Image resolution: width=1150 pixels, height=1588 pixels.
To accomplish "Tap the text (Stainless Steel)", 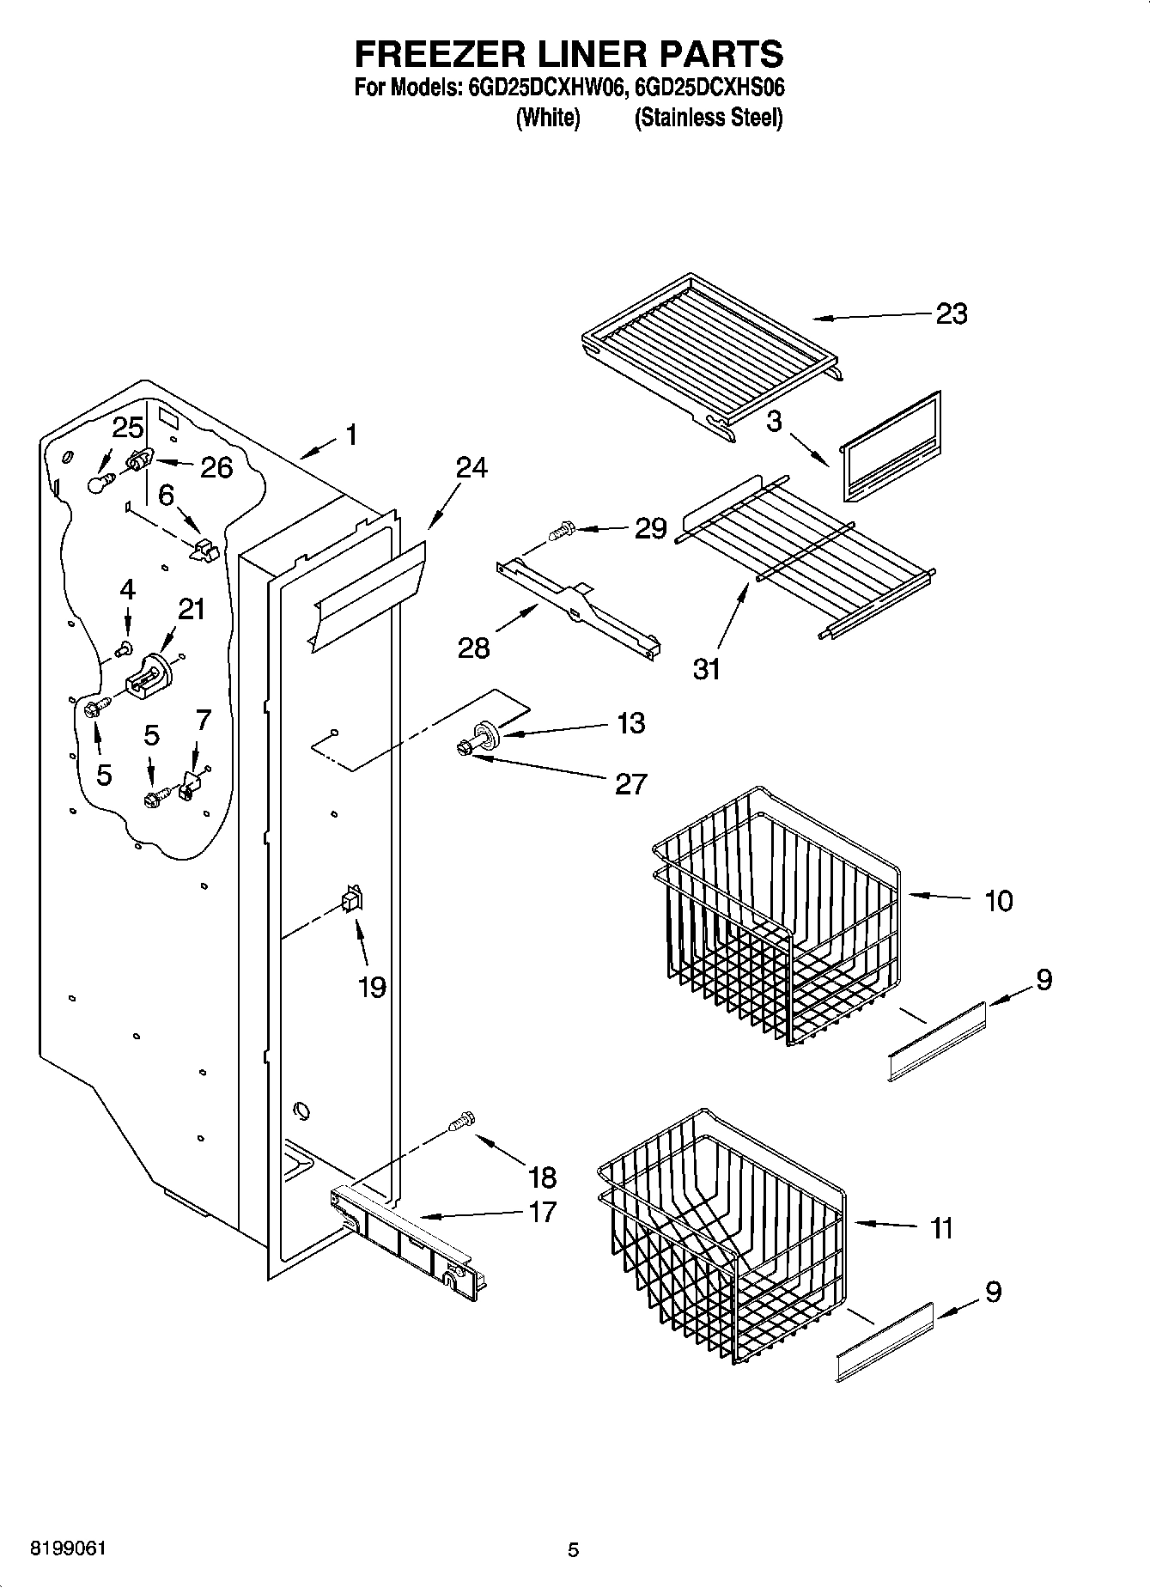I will point(708,118).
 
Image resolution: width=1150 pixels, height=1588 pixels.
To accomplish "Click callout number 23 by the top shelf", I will point(951,314).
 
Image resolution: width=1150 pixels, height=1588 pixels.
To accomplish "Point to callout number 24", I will point(472,468).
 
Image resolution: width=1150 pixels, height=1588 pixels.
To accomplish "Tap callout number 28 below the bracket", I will point(473,647).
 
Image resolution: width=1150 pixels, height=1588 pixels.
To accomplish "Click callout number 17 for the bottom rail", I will point(543,1212).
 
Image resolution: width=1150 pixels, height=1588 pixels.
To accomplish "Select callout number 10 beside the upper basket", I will point(998,901).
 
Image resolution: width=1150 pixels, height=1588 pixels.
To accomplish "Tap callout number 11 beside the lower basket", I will point(942,1229).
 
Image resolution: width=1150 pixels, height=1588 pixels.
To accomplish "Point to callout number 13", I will point(630,723).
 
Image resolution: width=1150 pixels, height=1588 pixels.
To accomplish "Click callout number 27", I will point(630,783).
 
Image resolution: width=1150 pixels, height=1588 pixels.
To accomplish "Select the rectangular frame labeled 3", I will point(890,448).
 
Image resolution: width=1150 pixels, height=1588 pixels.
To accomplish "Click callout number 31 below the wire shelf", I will point(707,668).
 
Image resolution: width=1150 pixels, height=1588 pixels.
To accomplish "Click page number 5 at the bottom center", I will point(573,1549).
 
